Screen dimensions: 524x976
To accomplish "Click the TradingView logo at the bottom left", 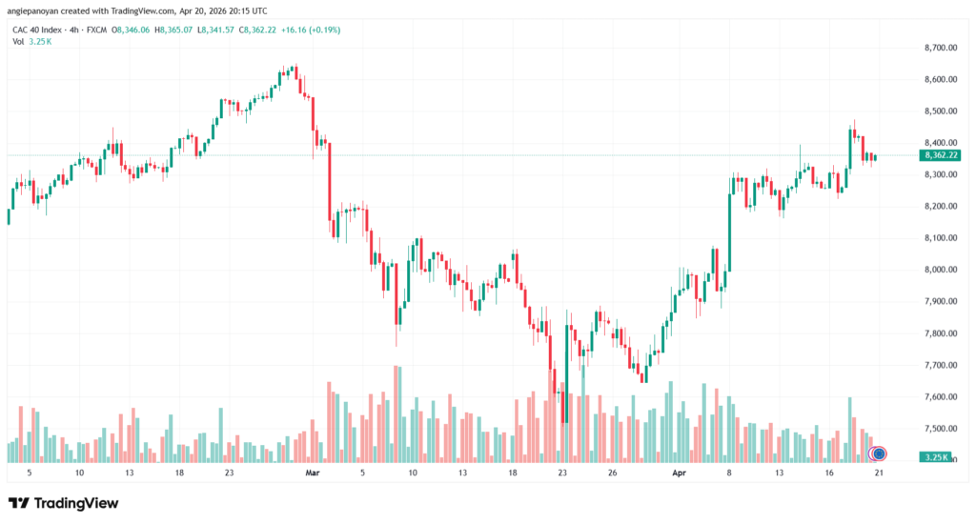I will coord(63,503).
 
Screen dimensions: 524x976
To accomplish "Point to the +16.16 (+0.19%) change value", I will coord(311,30).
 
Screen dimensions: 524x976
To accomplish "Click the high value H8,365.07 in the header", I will coord(173,30).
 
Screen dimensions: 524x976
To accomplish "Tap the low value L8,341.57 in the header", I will coord(215,30).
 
